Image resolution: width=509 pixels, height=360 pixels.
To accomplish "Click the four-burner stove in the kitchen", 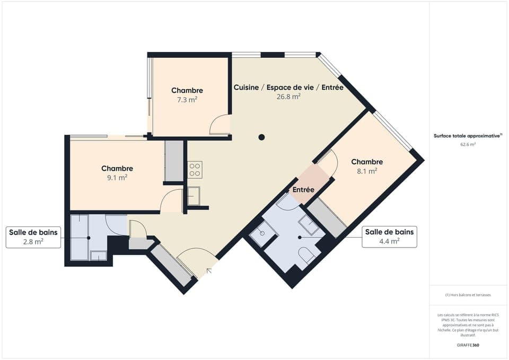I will click(195, 170).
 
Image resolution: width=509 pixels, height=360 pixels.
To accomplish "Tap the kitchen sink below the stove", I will click(194, 196).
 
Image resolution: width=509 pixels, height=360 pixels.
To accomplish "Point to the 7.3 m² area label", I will click(187, 99).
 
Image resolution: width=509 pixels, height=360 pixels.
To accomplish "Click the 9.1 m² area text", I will click(117, 178).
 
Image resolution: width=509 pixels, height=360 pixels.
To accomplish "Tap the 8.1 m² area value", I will click(366, 171).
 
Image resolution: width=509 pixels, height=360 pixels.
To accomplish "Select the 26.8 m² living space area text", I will click(288, 96).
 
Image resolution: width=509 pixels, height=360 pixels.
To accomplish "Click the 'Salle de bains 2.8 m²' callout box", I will click(33, 237).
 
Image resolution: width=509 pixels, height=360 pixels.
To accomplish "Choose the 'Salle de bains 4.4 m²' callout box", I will click(389, 236).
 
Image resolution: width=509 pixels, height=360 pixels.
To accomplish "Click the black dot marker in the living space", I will click(261, 137).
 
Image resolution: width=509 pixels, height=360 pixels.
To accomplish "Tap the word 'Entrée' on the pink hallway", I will click(303, 189).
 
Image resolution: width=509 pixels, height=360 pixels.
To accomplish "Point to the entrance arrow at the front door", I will click(209, 271).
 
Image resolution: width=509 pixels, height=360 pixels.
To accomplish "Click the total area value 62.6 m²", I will click(468, 144).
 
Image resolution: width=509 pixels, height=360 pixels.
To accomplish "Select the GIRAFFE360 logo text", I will click(468, 345).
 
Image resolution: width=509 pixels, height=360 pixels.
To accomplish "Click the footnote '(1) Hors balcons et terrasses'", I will click(468, 295).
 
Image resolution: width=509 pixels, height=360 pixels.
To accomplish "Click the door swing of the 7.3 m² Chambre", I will click(220, 126).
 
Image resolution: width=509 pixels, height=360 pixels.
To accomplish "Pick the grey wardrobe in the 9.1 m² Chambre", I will click(173, 161).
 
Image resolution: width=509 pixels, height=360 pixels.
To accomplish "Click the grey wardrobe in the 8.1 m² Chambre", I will click(327, 218).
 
